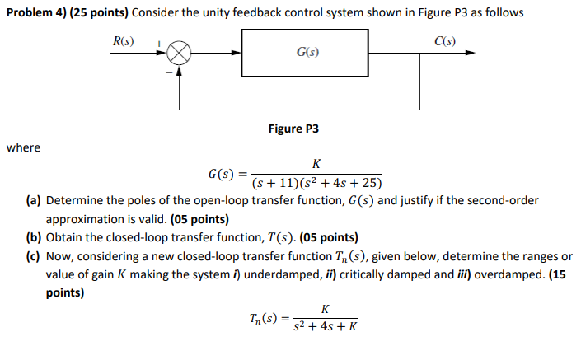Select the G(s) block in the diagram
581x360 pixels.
307,53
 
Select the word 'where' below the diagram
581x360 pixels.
23,148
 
